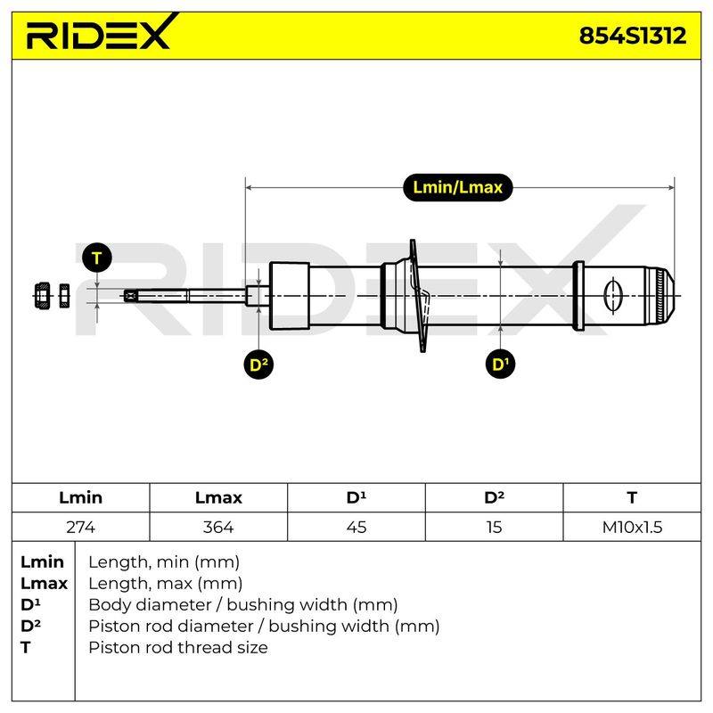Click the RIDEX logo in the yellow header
[102, 32]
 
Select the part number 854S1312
[633, 36]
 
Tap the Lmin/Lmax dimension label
[457, 187]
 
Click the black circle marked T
[97, 258]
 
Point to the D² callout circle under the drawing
[258, 365]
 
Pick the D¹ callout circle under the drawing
[500, 364]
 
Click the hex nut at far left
[42, 296]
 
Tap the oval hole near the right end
[612, 296]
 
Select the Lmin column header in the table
[80, 497]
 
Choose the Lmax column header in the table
[218, 497]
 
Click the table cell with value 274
[80, 527]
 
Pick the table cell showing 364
[218, 527]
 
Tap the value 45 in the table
[356, 527]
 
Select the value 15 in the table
[494, 527]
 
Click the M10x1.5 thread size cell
[632, 527]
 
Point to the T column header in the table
[632, 497]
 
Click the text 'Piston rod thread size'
[177, 648]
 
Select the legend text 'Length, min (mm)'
[164, 562]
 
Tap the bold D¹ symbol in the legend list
[30, 605]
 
